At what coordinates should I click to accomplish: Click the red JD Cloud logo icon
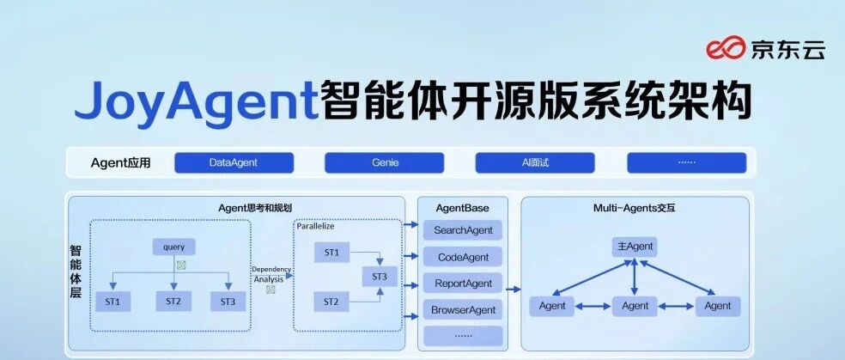pyautogui.click(x=726, y=49)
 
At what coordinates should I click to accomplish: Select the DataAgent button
pyautogui.click(x=234, y=162)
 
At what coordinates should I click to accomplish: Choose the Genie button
pyautogui.click(x=384, y=162)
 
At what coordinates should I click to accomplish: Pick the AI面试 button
pyautogui.click(x=535, y=162)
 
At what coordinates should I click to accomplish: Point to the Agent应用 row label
pyautogui.click(x=121, y=162)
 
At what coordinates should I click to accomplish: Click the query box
pyautogui.click(x=173, y=247)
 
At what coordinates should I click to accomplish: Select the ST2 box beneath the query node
pyautogui.click(x=173, y=302)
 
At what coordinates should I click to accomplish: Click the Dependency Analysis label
pyautogui.click(x=271, y=274)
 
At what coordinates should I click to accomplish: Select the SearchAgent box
pyautogui.click(x=463, y=230)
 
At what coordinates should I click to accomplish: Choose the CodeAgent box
pyautogui.click(x=463, y=257)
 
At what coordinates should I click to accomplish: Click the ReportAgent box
pyautogui.click(x=463, y=284)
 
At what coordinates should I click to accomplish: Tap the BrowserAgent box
pyautogui.click(x=463, y=310)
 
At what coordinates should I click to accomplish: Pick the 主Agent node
pyautogui.click(x=635, y=247)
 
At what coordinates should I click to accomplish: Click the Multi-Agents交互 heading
pyautogui.click(x=635, y=208)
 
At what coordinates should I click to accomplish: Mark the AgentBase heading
pyautogui.click(x=463, y=208)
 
